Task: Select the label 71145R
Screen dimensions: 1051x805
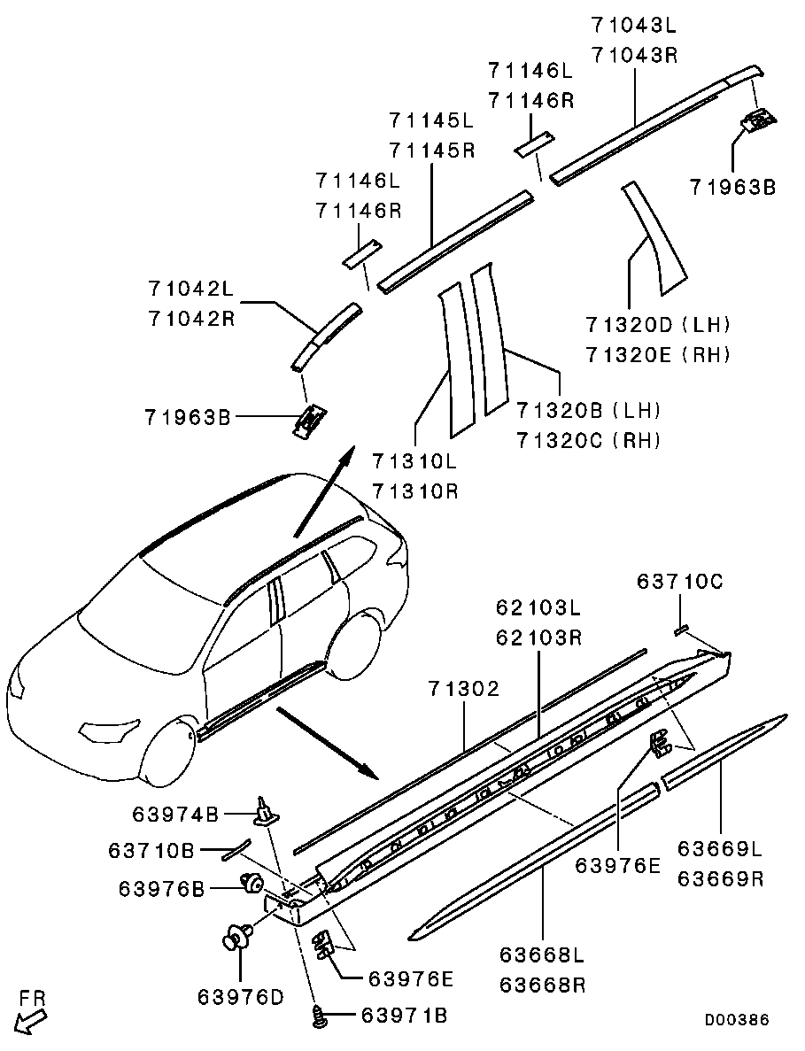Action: click(431, 150)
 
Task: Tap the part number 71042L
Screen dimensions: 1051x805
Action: click(190, 289)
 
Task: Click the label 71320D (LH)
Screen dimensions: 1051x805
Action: click(658, 325)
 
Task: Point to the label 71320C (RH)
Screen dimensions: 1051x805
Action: click(589, 439)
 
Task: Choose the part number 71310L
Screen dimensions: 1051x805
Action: click(414, 461)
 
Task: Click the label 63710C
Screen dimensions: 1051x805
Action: click(680, 581)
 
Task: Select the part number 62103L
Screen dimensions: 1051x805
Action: click(538, 607)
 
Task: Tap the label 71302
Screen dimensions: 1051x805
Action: click(466, 688)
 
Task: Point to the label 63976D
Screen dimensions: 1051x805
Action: click(240, 996)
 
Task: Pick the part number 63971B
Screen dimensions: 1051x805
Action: click(403, 1016)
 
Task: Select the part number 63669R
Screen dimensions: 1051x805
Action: click(720, 879)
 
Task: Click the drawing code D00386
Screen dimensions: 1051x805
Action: click(737, 1020)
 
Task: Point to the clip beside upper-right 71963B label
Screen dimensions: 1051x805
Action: click(757, 120)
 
